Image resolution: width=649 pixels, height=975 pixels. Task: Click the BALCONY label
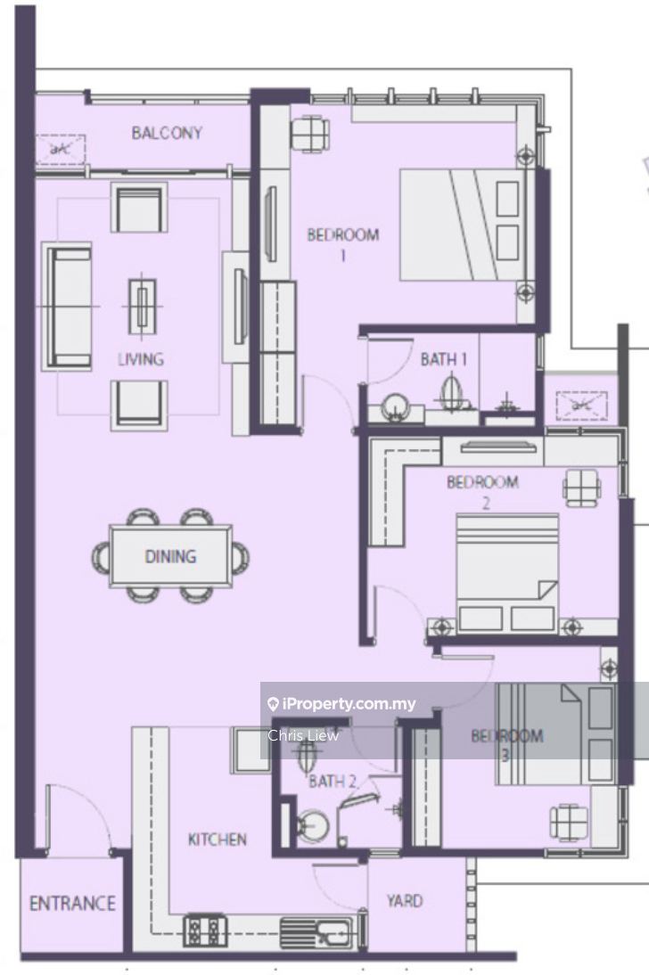tap(167, 133)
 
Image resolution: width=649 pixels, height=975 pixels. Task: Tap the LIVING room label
tap(141, 359)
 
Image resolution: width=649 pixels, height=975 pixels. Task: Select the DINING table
tap(170, 556)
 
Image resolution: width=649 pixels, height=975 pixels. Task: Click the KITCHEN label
tap(218, 840)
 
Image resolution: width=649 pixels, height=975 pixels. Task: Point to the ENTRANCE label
tap(72, 903)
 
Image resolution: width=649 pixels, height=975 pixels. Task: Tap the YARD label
tap(405, 900)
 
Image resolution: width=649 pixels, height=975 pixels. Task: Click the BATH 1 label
tap(444, 359)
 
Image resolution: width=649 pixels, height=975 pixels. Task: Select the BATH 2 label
tap(333, 781)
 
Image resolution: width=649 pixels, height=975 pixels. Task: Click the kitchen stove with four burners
tap(205, 930)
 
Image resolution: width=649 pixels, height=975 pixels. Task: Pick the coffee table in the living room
tap(143, 307)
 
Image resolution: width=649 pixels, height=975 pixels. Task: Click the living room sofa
tap(67, 307)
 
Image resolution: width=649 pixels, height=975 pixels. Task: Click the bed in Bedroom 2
tap(507, 573)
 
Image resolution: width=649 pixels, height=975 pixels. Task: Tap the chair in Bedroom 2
tap(582, 487)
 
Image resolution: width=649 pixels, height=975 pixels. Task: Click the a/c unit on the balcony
tap(60, 149)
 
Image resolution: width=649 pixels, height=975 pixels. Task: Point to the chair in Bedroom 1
tap(310, 134)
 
